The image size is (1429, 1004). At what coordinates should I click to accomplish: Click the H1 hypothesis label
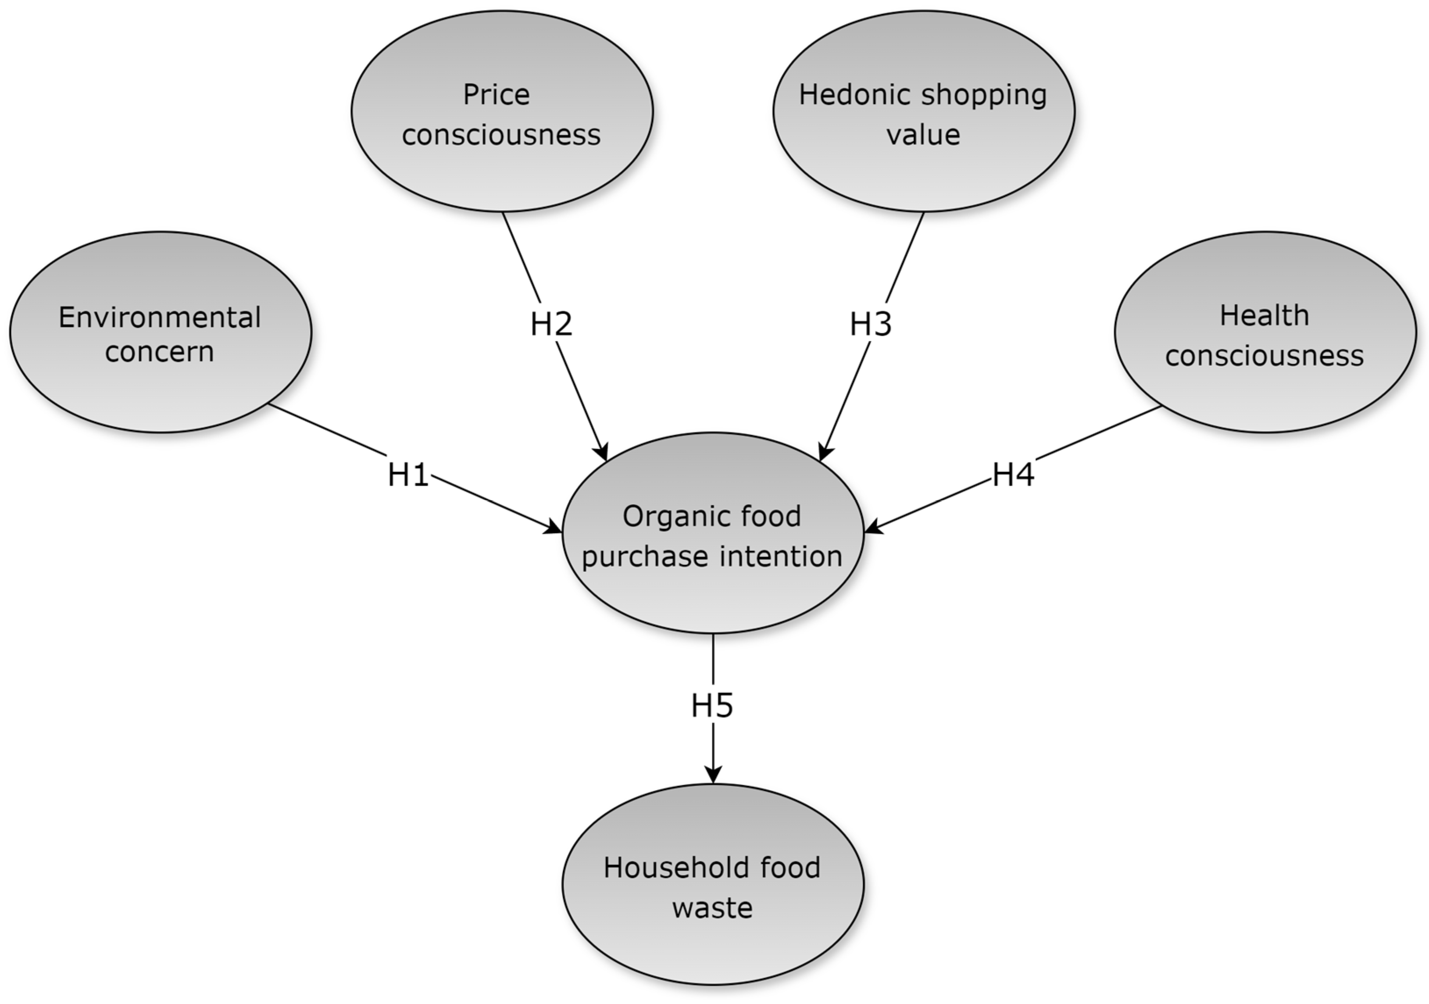408,475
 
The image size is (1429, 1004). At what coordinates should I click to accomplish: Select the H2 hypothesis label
551,324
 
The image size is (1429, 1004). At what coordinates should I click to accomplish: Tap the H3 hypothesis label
871,324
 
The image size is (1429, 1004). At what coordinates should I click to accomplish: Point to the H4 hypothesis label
1013,475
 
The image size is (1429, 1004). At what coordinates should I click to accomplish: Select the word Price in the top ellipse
496,95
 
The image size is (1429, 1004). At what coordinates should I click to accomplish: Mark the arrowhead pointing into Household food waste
713,775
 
